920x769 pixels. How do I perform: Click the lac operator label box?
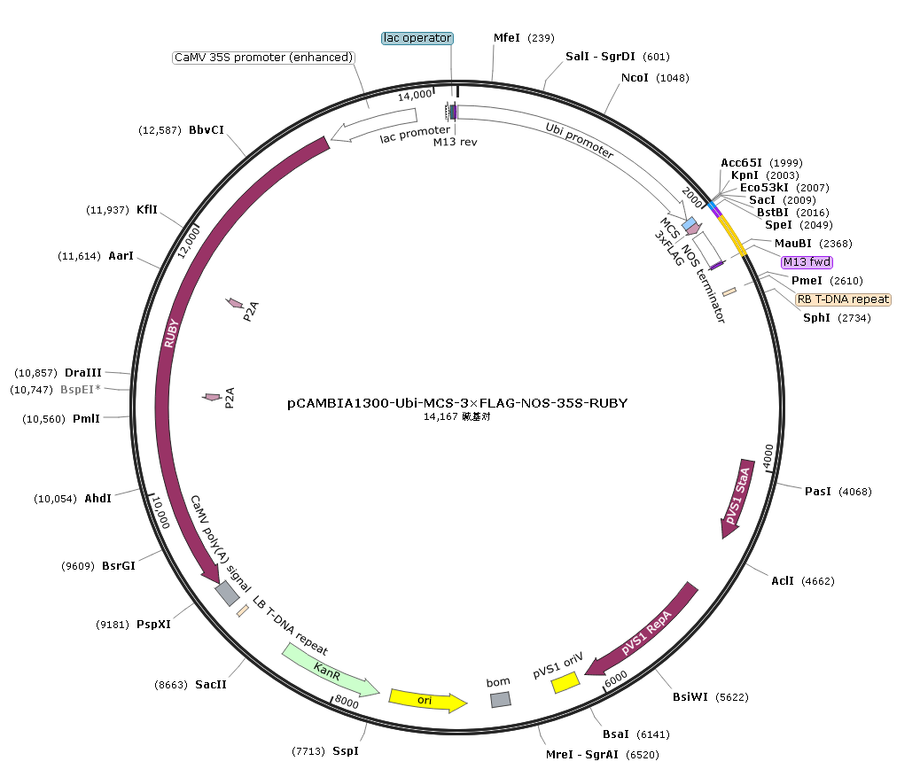click(x=417, y=38)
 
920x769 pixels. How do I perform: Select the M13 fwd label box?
click(x=807, y=262)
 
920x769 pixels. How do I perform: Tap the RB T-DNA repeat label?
click(x=843, y=299)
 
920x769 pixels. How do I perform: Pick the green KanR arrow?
click(x=330, y=671)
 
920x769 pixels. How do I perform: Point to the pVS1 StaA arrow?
click(x=737, y=498)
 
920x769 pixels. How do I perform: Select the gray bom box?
click(x=501, y=699)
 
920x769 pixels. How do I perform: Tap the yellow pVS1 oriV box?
click(x=565, y=682)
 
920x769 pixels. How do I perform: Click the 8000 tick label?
click(x=347, y=703)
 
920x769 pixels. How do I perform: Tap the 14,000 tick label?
click(x=414, y=95)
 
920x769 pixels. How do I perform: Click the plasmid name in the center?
click(x=457, y=403)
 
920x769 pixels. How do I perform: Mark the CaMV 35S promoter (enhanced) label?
click(x=263, y=58)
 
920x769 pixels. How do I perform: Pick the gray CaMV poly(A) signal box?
click(x=227, y=593)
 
